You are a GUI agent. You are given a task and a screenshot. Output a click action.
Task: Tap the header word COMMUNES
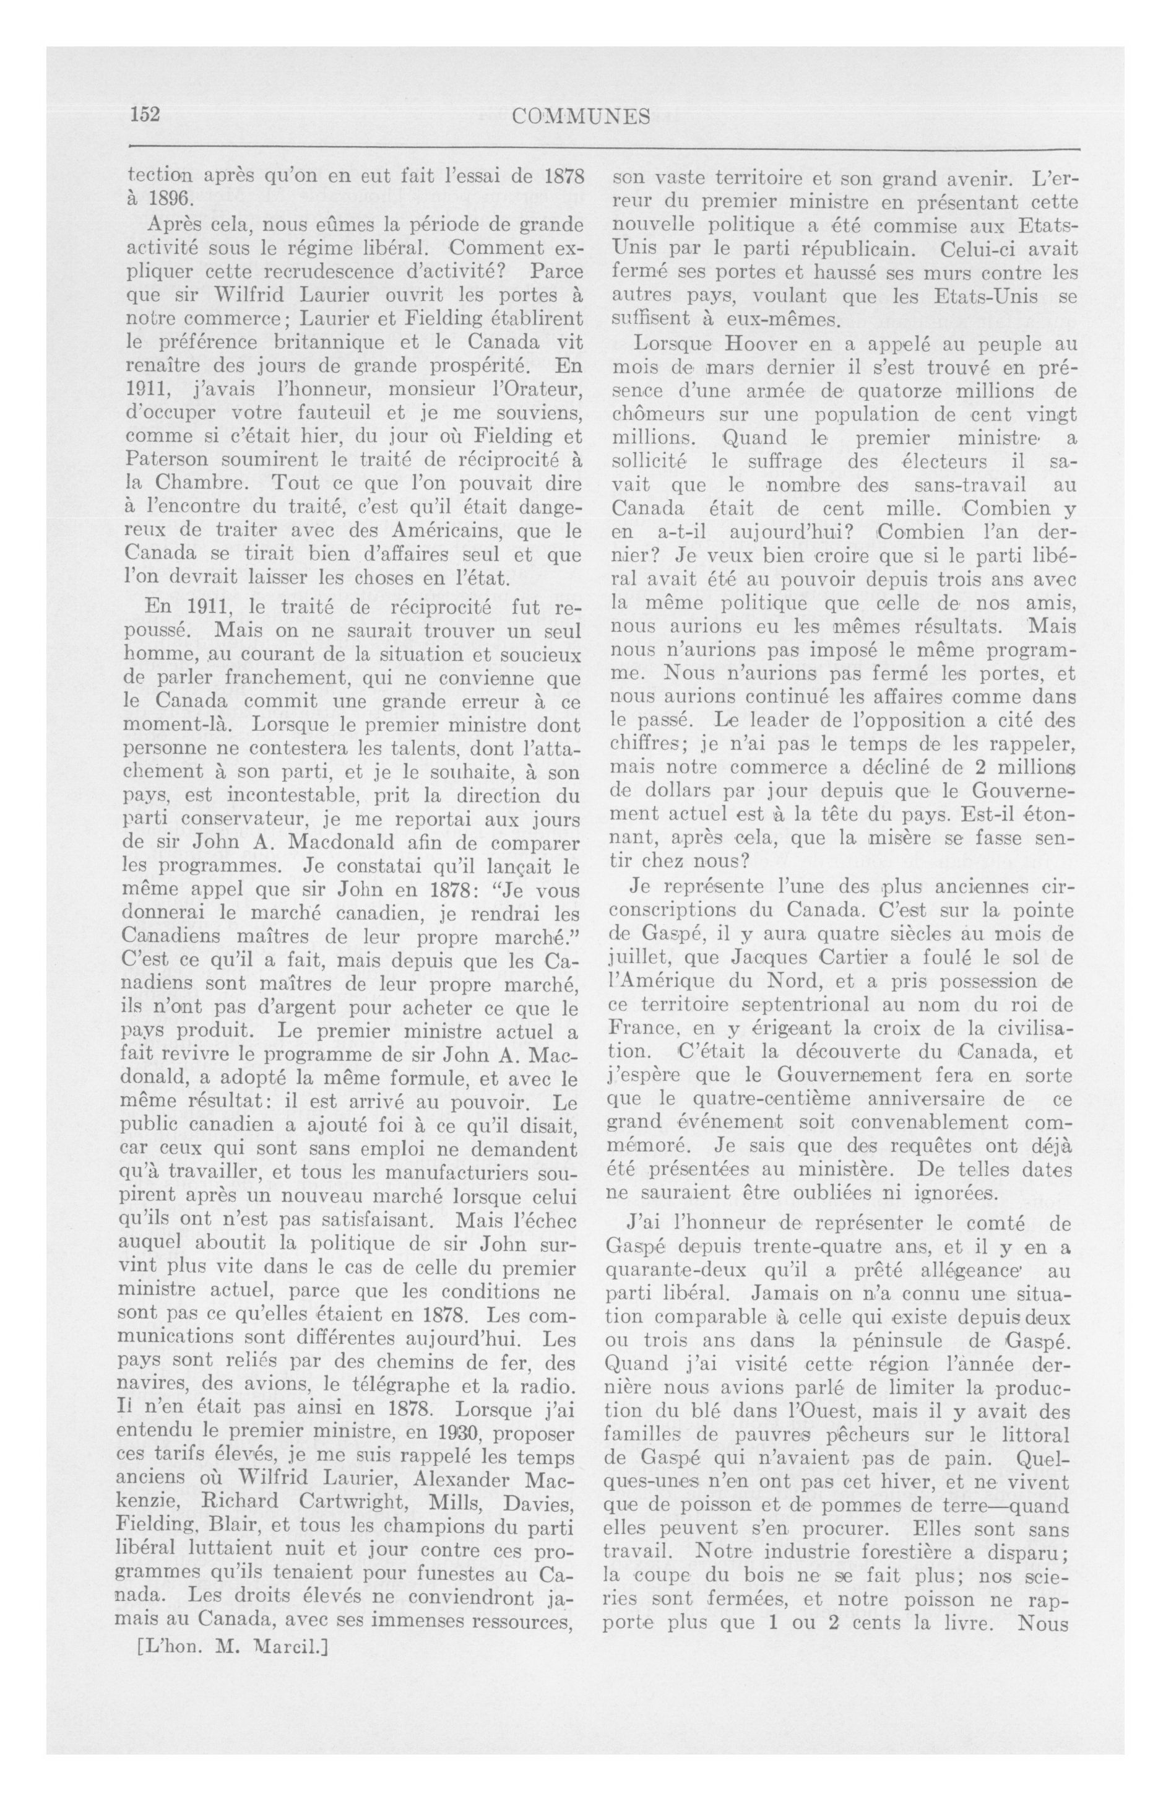582,116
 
